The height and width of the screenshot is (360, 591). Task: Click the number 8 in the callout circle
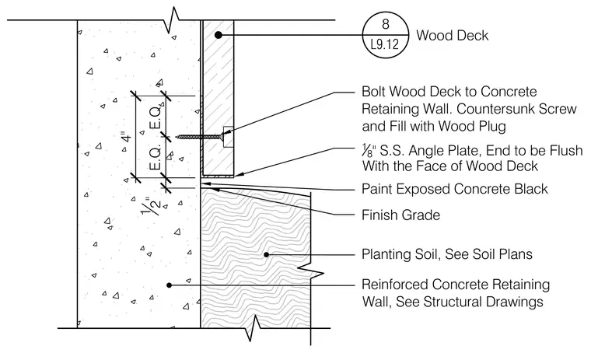click(x=385, y=24)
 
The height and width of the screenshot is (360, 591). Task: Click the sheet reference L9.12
click(x=385, y=45)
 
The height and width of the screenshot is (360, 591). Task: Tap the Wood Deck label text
click(x=453, y=36)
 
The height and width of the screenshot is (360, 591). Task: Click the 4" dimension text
click(x=126, y=137)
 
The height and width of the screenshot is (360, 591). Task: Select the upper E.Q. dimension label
click(x=156, y=117)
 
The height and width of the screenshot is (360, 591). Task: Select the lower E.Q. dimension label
click(x=156, y=157)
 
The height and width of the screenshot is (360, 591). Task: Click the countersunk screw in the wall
click(x=199, y=137)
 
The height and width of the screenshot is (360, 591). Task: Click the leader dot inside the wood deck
click(x=218, y=35)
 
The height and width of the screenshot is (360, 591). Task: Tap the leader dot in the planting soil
click(x=267, y=254)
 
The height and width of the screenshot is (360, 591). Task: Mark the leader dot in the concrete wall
click(x=170, y=285)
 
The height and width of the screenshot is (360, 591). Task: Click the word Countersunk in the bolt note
click(x=495, y=109)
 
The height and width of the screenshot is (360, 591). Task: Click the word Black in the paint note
click(x=531, y=189)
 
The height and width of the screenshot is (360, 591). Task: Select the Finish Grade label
click(x=400, y=215)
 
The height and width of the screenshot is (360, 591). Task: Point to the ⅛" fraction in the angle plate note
click(x=369, y=151)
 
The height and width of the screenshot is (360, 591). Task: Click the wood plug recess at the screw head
click(x=229, y=137)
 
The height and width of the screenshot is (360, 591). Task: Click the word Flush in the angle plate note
click(x=566, y=151)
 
